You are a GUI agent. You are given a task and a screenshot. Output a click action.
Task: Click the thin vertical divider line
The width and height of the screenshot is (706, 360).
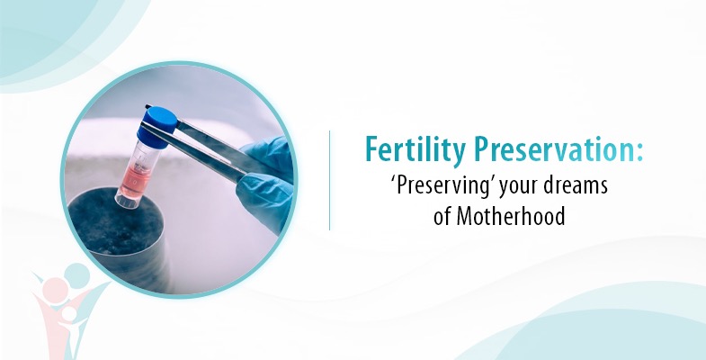329,180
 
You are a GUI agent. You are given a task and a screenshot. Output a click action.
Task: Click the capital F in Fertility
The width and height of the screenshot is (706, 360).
371,150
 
